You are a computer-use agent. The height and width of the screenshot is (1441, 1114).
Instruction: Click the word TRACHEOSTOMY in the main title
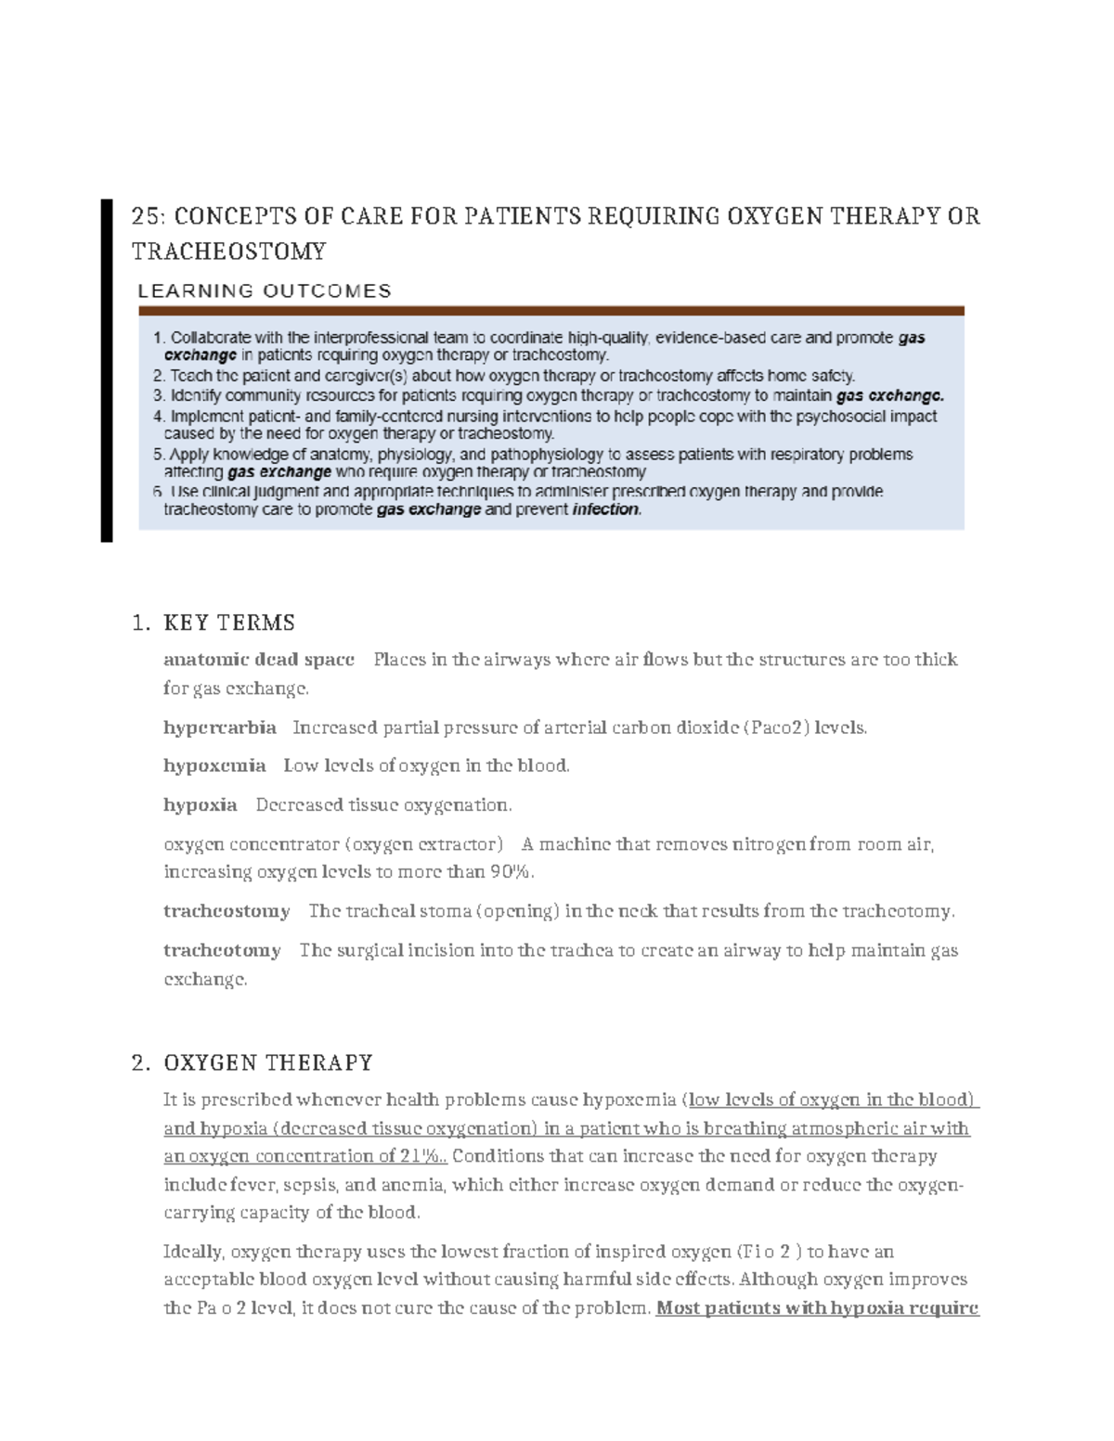[x=228, y=251]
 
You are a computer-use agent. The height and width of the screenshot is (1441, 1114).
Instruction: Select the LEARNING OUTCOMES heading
[x=265, y=290]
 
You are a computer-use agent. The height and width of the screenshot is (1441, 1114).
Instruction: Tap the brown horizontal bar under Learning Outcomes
[x=551, y=311]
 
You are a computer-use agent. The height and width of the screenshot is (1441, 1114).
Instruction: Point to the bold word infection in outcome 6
[x=606, y=509]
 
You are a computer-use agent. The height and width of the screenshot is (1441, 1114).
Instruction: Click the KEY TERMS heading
[x=229, y=622]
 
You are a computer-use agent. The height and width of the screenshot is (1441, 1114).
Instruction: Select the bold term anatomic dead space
[x=259, y=660]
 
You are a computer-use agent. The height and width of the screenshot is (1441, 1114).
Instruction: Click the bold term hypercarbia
[x=220, y=727]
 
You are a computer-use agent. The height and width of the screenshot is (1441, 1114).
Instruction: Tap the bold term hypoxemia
[x=214, y=766]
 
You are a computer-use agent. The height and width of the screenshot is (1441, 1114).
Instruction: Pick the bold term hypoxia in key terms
[x=201, y=804]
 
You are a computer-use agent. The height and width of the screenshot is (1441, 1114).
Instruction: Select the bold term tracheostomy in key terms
[x=227, y=911]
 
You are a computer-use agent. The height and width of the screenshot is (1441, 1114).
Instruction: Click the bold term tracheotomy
[x=222, y=950]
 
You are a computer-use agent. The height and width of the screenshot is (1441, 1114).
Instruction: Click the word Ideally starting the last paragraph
[x=192, y=1252]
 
